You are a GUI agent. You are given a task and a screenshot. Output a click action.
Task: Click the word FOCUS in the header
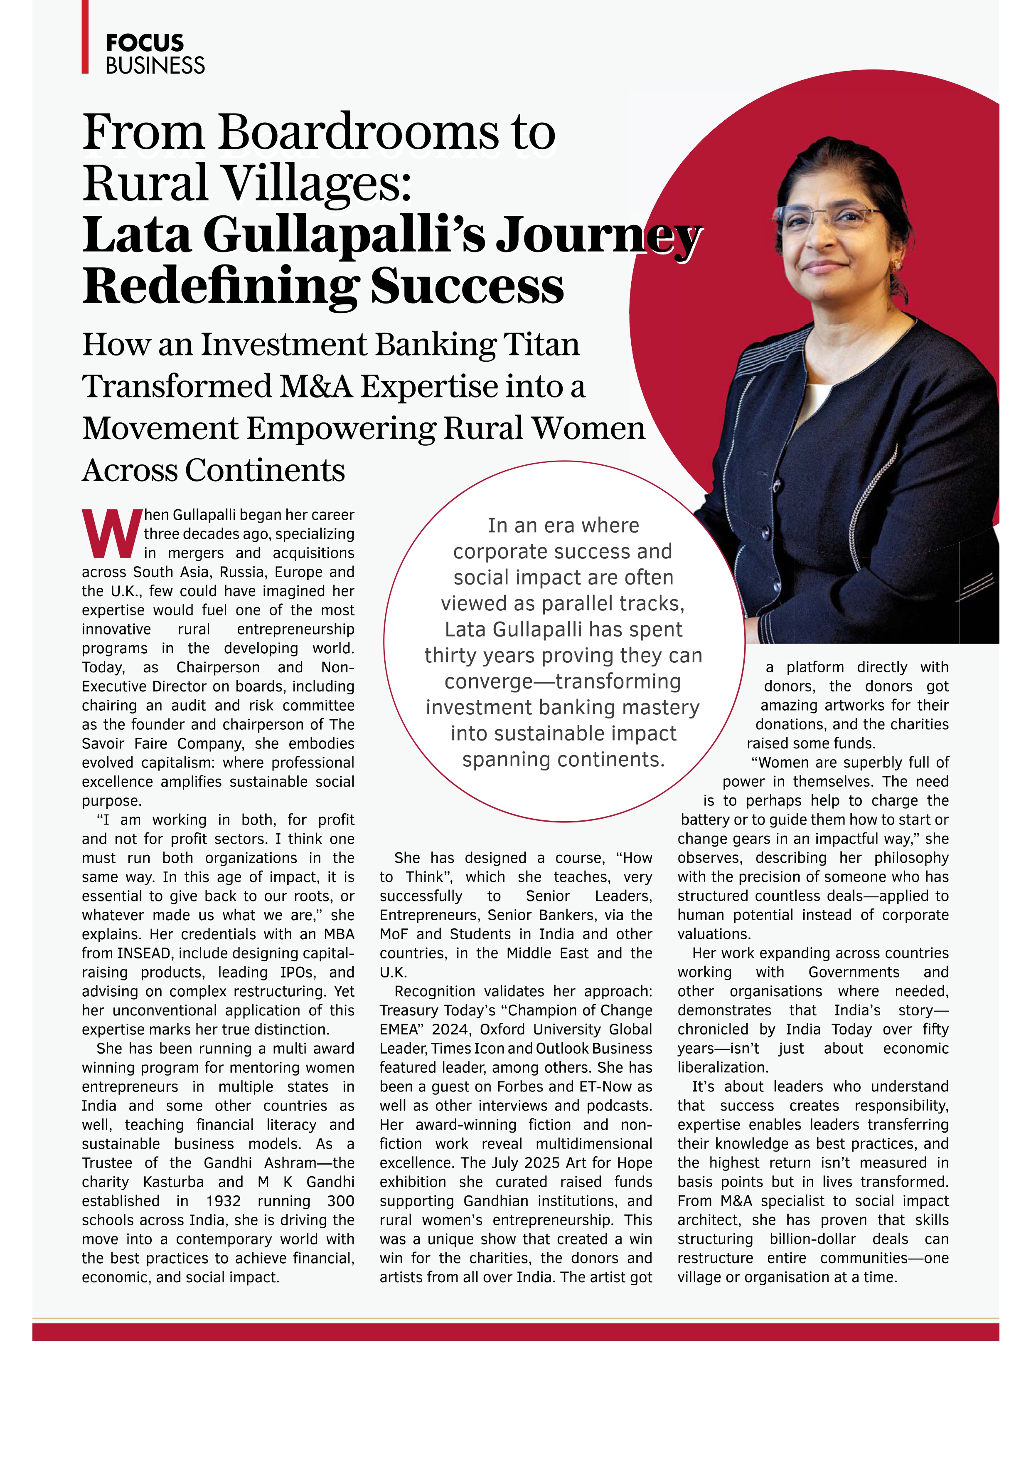[145, 43]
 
